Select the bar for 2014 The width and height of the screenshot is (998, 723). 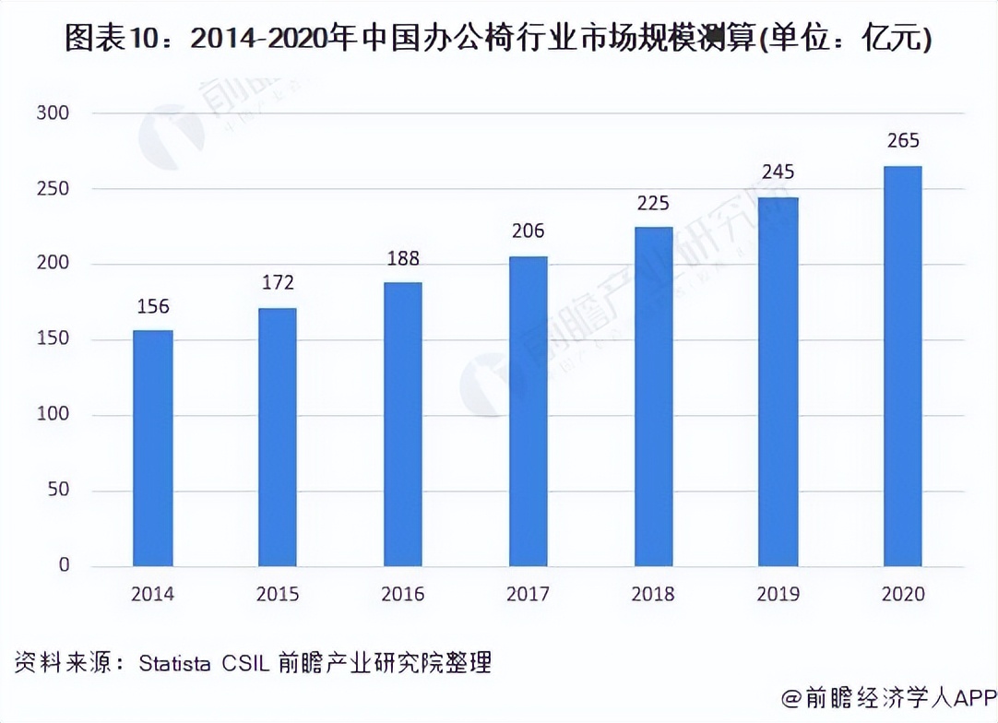[152, 448]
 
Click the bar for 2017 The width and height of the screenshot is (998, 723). [528, 411]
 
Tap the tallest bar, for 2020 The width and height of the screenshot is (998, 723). [902, 366]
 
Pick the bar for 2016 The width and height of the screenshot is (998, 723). [403, 424]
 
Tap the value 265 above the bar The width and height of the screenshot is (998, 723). [902, 142]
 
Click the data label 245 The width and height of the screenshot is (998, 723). [778, 172]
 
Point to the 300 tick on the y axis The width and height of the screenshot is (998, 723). [53, 113]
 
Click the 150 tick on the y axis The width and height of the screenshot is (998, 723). [53, 339]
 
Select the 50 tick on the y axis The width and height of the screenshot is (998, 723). [58, 490]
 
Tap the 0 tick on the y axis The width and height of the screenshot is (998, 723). [64, 565]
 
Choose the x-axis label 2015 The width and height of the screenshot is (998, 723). [278, 594]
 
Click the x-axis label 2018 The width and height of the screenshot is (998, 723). [653, 594]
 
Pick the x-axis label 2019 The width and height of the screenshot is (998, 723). [778, 594]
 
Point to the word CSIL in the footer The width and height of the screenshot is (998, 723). [244, 662]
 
